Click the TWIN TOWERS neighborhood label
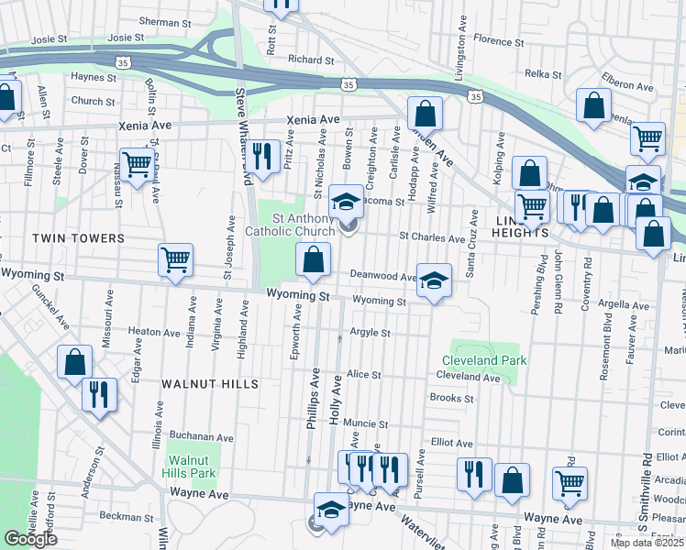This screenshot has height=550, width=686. tap(78, 238)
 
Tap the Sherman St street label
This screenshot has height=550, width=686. tap(165, 21)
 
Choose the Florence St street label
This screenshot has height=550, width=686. tap(498, 41)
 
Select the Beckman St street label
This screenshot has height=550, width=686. tap(126, 517)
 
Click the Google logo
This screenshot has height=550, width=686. tap(30, 539)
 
